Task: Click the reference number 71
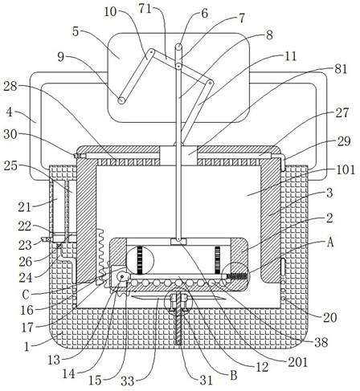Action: point(145,9)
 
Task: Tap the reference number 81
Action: point(341,69)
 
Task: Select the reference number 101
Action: point(346,169)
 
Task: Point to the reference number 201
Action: point(297,362)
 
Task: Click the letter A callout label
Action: point(330,242)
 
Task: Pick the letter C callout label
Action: point(26,295)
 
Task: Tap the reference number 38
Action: point(321,342)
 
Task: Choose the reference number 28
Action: point(10,87)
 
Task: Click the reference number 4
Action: point(10,112)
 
